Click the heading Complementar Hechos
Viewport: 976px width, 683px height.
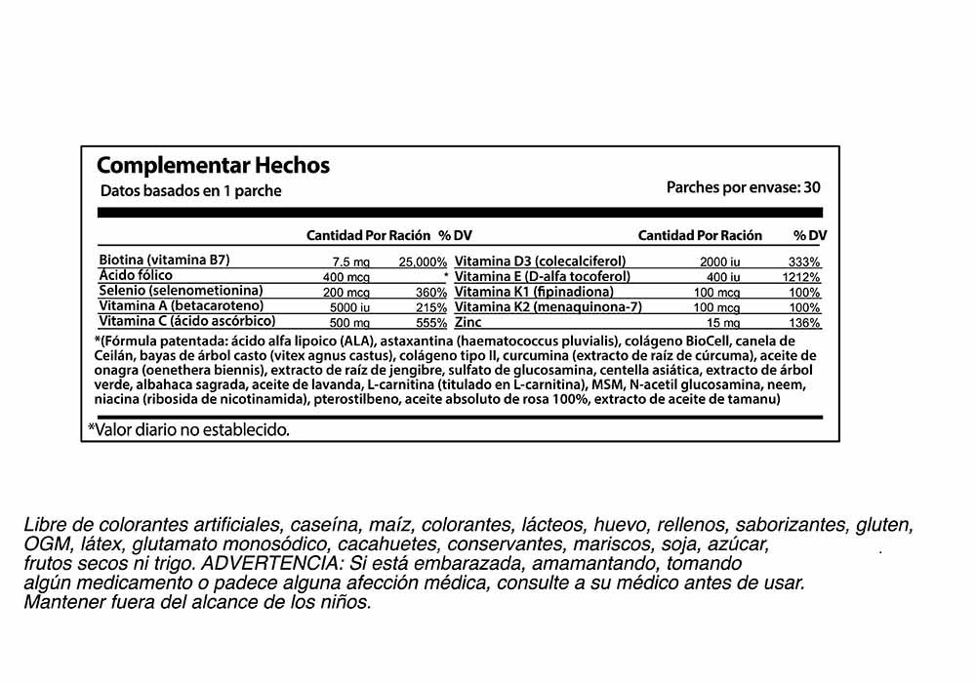click(x=214, y=165)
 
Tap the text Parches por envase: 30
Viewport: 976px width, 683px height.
click(x=743, y=185)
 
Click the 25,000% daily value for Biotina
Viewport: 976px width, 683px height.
click(x=423, y=262)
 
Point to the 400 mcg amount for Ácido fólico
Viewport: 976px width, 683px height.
click(x=343, y=277)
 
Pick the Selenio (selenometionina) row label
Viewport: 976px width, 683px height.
click(x=182, y=291)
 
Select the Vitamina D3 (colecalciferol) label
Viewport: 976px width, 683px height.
click(x=540, y=261)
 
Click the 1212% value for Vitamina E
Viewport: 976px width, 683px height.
click(x=801, y=277)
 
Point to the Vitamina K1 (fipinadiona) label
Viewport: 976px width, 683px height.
click(x=534, y=292)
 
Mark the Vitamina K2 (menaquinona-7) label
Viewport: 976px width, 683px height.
click(x=548, y=306)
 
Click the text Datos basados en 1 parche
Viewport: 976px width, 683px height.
click(x=190, y=191)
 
